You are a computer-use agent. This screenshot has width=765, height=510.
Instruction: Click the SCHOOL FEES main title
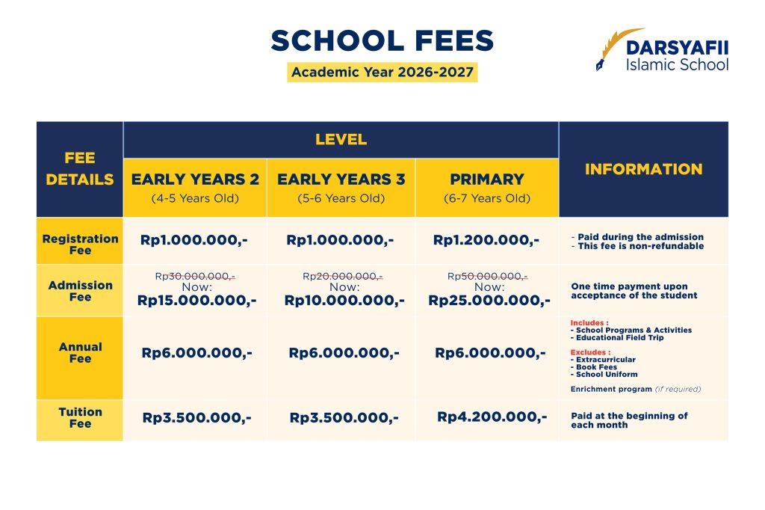tap(382, 41)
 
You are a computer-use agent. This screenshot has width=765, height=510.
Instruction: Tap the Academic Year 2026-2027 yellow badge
tap(382, 73)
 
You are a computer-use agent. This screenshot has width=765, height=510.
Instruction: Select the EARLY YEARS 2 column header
tap(195, 179)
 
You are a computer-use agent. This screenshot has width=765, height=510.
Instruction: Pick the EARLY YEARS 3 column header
tap(341, 179)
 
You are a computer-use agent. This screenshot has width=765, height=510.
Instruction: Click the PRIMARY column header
tap(486, 179)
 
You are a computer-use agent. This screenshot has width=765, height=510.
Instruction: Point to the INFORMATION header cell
tap(643, 169)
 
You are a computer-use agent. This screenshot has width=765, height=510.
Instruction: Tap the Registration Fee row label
tap(80, 245)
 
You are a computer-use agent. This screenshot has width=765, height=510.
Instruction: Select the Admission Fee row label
tap(80, 291)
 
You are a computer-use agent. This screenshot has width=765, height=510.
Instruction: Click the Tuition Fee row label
tap(80, 417)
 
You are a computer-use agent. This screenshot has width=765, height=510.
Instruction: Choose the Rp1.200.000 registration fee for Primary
tap(486, 240)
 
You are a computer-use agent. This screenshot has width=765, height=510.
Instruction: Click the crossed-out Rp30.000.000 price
tap(195, 276)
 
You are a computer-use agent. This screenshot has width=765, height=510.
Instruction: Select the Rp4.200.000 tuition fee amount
tap(492, 417)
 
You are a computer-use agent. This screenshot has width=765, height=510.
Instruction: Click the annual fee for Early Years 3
tap(344, 352)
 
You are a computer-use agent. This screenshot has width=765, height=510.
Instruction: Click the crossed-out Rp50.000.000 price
tap(487, 276)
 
